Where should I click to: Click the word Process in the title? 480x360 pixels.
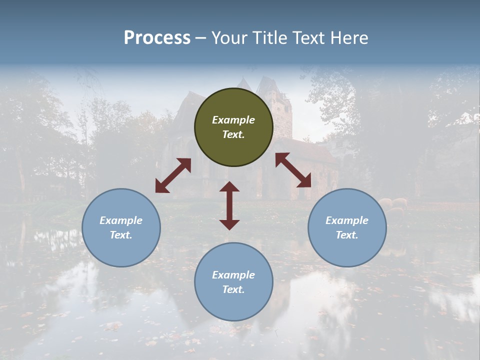157,37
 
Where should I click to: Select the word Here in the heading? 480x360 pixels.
348,37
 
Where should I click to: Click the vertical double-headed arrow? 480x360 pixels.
229,205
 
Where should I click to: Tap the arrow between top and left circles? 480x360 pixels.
173,175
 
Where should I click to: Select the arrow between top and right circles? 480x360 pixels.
293,170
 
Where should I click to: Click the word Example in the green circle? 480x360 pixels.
233,120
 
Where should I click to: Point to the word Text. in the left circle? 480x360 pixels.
121,235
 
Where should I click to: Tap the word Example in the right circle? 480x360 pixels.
347,220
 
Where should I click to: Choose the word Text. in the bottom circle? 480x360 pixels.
233,289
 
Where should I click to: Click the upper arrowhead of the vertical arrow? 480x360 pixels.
229,186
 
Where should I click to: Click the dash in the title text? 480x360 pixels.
201,38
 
